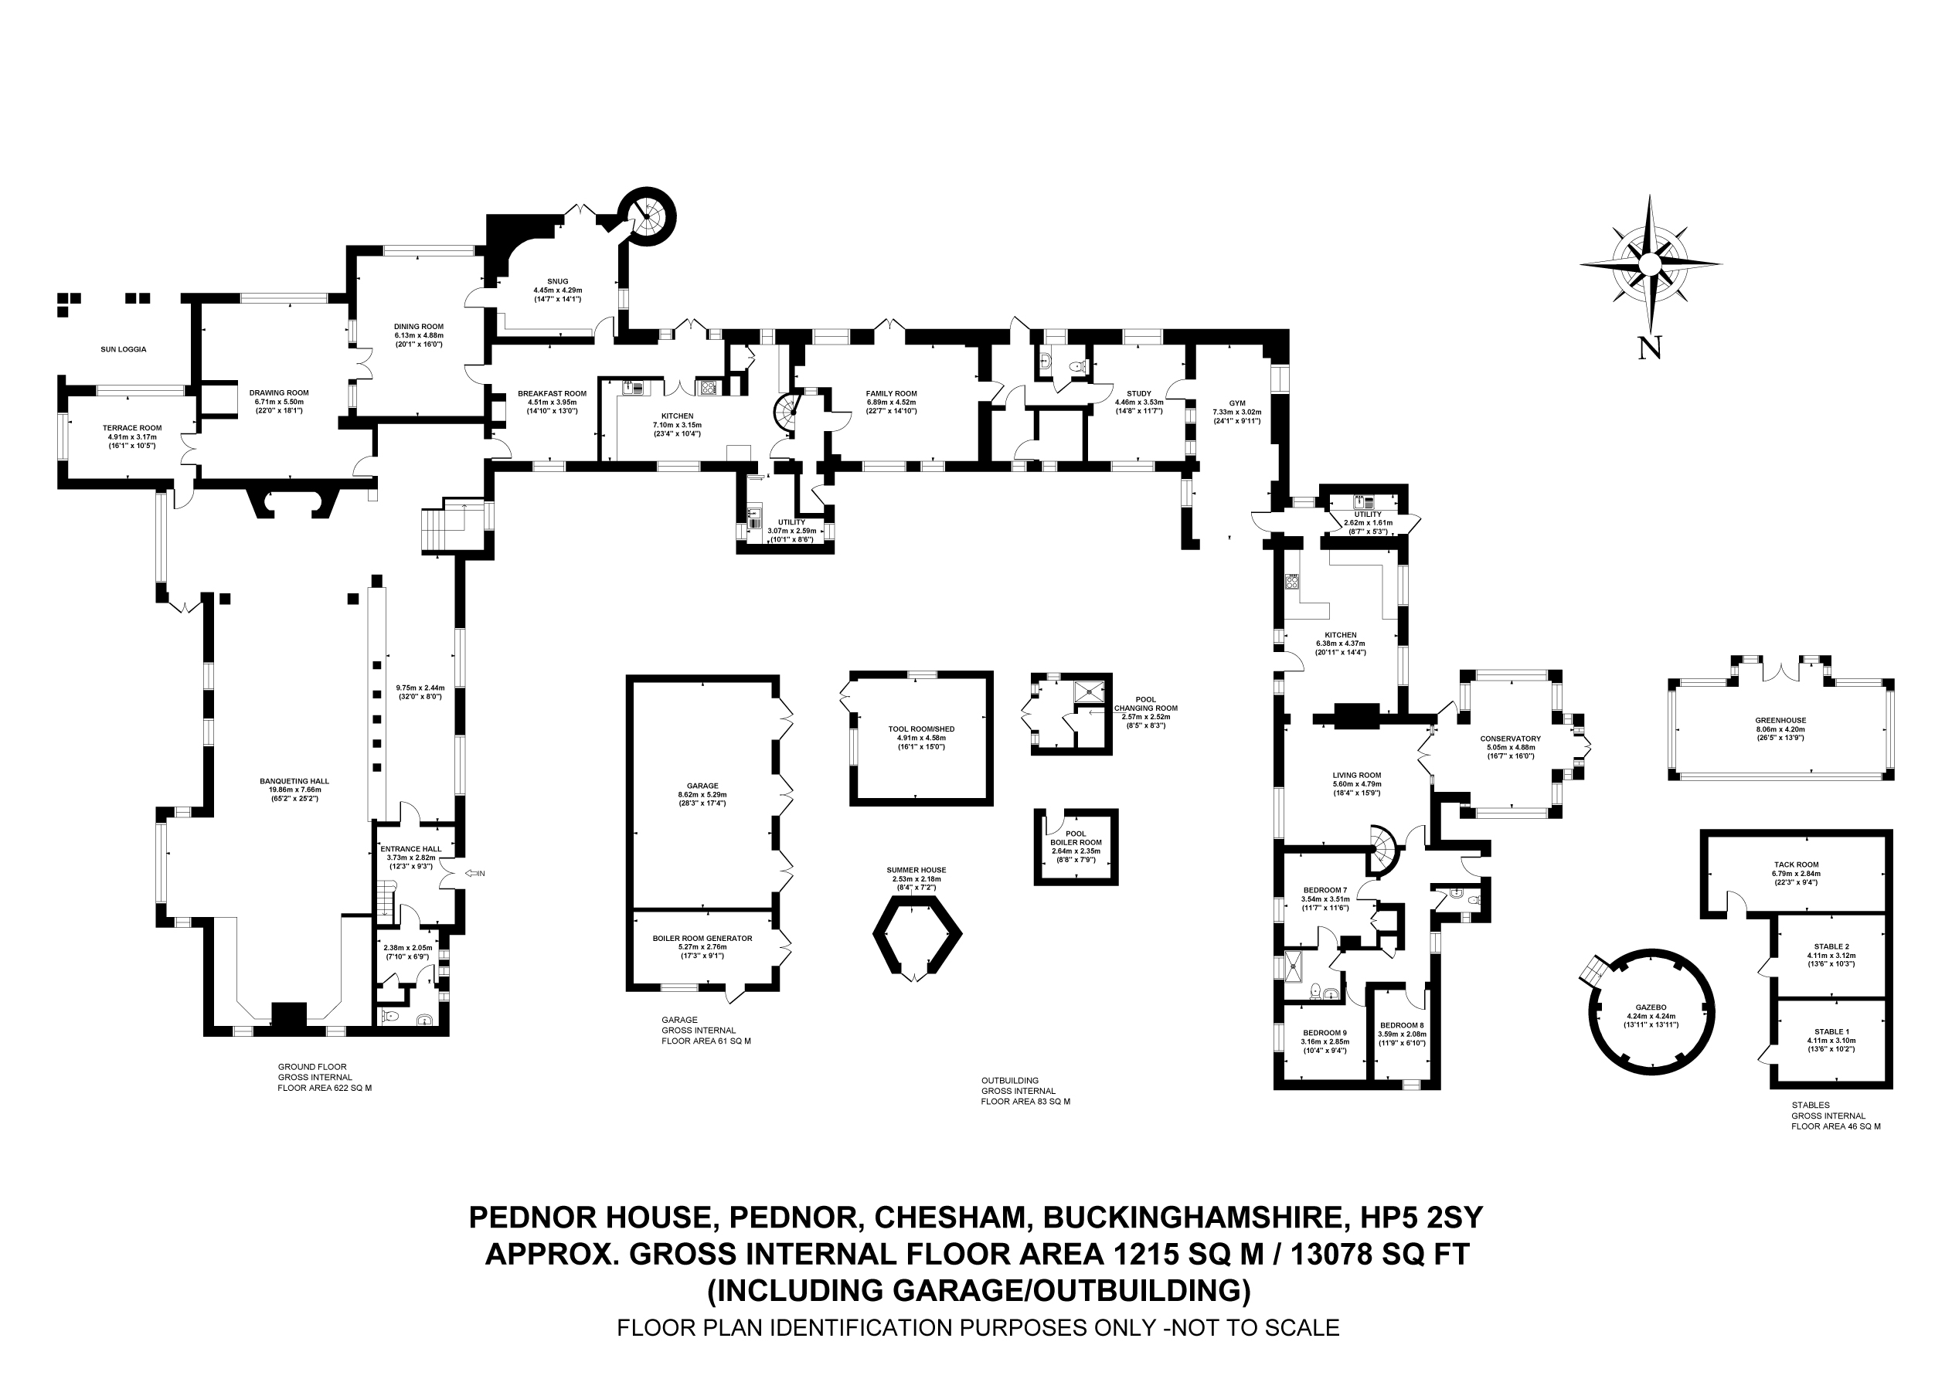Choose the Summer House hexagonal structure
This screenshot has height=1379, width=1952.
click(916, 936)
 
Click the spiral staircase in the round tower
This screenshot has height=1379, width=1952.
click(648, 216)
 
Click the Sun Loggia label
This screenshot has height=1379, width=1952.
click(124, 349)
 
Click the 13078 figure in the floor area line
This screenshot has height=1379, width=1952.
click(1334, 1254)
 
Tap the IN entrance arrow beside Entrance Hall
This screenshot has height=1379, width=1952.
click(474, 873)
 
